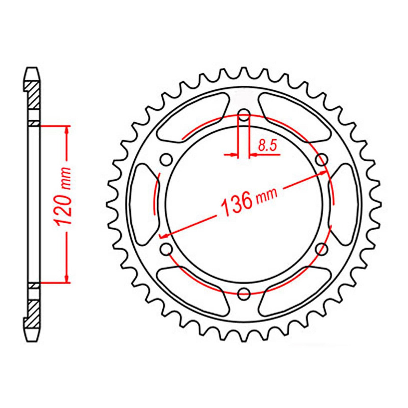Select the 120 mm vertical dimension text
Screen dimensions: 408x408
pos(63,196)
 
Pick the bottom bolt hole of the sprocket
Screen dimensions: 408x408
pos(244,294)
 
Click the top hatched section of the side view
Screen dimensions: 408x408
pos(33,94)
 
